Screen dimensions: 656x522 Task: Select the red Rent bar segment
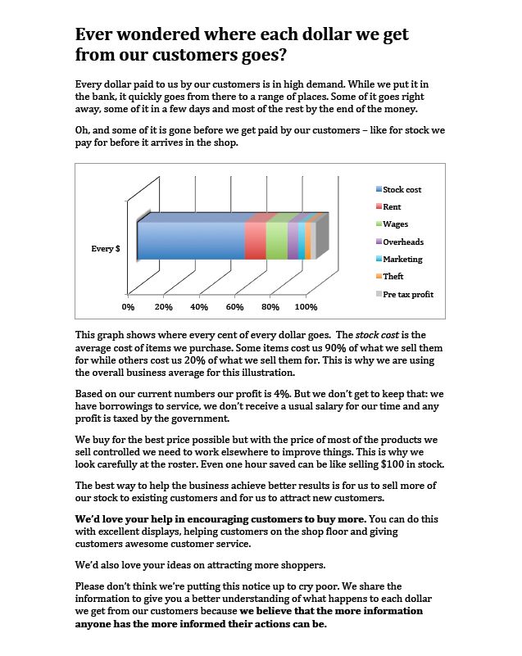coord(256,242)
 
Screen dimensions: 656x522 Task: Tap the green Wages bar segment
coord(277,242)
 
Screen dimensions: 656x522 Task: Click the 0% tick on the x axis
coord(128,307)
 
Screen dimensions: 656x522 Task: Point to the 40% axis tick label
coord(199,307)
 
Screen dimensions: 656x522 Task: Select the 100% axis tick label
coord(306,307)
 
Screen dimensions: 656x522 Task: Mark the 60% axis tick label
coord(234,307)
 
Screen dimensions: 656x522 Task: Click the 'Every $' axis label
coord(106,248)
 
